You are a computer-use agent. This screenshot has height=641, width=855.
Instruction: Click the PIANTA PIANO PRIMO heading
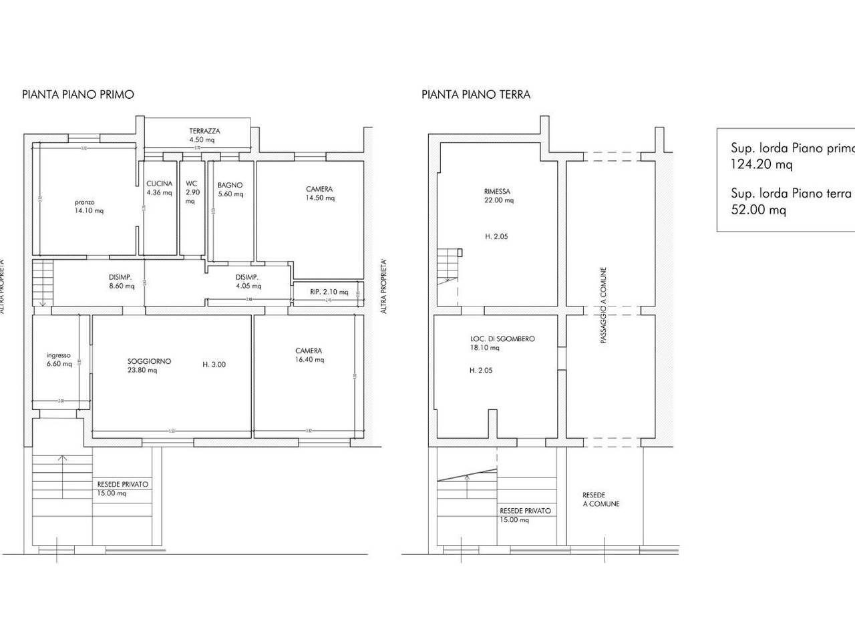78,94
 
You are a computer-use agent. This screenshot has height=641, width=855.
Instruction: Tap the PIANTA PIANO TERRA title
476,94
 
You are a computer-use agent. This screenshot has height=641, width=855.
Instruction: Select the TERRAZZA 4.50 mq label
204,136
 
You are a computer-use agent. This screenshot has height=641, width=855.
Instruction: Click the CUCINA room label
160,188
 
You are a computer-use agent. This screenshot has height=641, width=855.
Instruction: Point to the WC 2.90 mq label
191,192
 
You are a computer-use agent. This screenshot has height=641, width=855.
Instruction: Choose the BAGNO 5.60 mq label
230,190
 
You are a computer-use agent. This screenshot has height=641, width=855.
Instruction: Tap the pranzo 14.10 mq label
89,206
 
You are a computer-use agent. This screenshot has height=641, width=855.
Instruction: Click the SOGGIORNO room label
150,365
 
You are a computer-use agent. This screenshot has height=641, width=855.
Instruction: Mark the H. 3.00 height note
214,365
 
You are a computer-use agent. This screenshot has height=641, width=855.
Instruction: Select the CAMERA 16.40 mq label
309,355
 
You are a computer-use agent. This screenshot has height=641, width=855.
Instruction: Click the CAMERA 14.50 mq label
319,194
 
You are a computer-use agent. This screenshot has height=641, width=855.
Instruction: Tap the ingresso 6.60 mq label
59,359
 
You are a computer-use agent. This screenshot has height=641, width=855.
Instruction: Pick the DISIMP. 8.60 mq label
120,282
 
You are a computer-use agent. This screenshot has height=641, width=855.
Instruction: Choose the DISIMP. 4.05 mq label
247,282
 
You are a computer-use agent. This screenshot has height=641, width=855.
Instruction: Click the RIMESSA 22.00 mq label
499,196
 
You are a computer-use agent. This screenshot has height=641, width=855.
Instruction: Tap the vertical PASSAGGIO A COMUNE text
603,306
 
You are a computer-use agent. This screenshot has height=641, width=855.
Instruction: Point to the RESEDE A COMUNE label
601,499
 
